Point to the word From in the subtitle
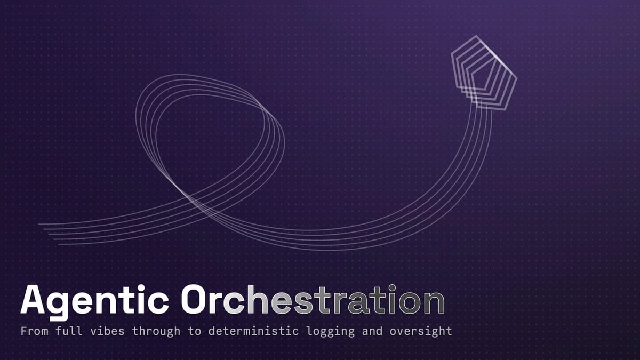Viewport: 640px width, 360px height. coord(33,331)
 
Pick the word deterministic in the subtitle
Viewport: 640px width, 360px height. coord(252,331)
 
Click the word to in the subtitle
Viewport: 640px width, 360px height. coord(194,331)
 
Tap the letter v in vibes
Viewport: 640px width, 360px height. coord(97,332)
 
